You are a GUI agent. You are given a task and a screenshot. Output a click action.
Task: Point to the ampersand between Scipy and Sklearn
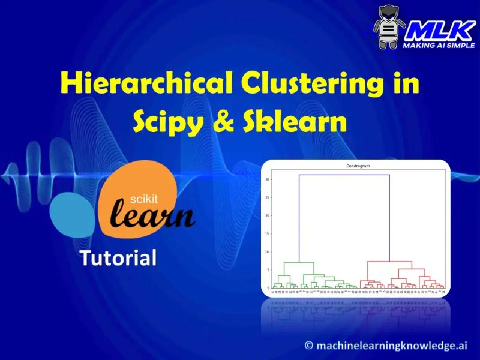(222, 122)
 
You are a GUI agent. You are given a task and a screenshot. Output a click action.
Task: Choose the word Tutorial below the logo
(118, 258)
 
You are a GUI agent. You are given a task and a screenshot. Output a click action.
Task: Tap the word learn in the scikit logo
(154, 216)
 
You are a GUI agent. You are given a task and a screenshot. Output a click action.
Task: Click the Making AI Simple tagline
(438, 46)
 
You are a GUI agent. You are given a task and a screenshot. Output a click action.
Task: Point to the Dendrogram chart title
(356, 166)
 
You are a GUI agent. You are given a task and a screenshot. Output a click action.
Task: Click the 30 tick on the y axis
(267, 179)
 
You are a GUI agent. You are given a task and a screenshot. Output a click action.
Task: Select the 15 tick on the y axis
(267, 234)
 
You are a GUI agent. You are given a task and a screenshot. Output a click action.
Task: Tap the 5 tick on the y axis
(268, 270)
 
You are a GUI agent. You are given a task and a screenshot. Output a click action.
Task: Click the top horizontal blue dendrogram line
(344, 175)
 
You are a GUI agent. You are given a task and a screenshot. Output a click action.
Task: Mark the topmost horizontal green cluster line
(298, 262)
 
